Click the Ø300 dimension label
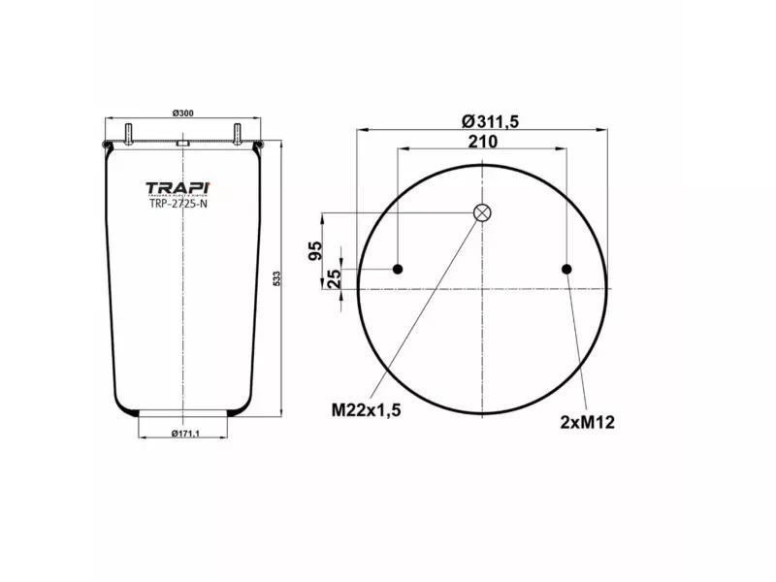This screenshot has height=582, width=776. pos(182,114)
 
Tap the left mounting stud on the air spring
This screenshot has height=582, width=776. pos(129,133)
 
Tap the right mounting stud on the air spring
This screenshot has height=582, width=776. pos(236,133)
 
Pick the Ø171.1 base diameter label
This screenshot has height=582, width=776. pos(183,434)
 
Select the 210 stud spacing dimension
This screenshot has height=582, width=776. pos(482,143)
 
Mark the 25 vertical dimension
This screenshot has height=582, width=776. pos(334,278)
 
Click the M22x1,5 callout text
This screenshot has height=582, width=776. pos(366,409)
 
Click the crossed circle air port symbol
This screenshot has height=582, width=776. pos(482,213)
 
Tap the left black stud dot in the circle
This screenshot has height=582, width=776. pos(397,269)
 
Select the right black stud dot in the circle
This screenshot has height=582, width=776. pos(567,269)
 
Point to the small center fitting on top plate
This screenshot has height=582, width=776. pos(182,145)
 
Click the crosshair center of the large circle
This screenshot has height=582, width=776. pos(482,288)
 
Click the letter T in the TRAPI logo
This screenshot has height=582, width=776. pos(152,187)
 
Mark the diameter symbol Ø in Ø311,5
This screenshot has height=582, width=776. pos(468,121)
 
